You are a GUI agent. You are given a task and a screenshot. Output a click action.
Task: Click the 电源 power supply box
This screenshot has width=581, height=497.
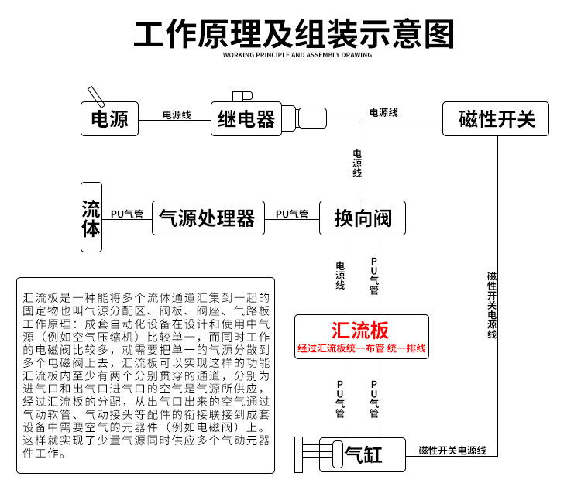[x=109, y=119]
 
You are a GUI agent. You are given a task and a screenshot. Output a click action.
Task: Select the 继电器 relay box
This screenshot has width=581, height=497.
[x=246, y=119]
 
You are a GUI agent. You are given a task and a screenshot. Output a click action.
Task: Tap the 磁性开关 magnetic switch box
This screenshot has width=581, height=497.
[x=496, y=119]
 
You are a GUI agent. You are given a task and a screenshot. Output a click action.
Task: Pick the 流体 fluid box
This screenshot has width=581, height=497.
[x=91, y=217]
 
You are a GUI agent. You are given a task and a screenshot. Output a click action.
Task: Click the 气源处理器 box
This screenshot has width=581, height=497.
[x=208, y=218]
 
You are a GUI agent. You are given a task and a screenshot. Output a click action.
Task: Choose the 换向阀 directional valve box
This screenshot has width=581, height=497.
[x=363, y=218]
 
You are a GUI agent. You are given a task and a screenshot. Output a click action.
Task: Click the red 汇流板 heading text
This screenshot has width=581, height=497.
[x=360, y=330]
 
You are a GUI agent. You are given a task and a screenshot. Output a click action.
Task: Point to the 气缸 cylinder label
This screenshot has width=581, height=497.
[x=363, y=454]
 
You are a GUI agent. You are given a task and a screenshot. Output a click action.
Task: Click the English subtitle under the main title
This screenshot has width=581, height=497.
[x=297, y=55]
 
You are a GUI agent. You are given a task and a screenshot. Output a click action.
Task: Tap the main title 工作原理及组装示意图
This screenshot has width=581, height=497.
[x=294, y=34]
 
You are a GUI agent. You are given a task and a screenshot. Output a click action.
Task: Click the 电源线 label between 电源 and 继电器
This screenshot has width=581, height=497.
[x=177, y=115]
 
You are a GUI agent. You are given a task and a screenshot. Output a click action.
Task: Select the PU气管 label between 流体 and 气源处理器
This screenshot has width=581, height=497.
[x=127, y=214]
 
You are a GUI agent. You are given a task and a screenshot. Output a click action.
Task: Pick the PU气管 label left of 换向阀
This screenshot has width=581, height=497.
[x=292, y=214]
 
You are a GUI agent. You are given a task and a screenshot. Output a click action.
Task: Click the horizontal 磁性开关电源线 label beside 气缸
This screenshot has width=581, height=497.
[x=452, y=451]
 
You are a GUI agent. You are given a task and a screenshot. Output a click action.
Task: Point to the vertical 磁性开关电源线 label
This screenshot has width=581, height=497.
[x=492, y=305]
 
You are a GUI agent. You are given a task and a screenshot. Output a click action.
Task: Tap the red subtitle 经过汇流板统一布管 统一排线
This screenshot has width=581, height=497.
[x=362, y=348]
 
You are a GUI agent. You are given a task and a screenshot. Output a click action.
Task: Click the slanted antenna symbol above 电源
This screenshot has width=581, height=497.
[x=96, y=97]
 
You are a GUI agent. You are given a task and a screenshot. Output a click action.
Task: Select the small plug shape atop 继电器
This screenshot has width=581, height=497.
[x=242, y=97]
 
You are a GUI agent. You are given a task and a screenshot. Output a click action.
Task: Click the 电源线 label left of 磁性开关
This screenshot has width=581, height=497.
[x=383, y=112]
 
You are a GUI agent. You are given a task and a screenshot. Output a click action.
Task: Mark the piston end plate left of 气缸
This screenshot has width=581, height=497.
[x=299, y=454]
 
